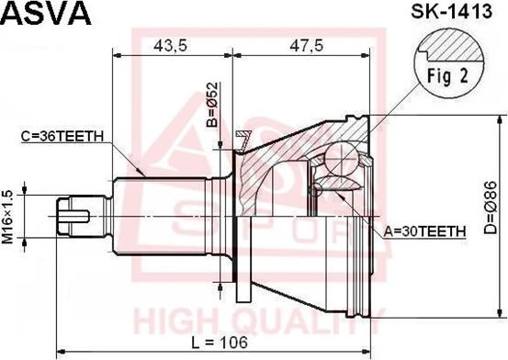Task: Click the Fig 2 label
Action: click(x=447, y=77)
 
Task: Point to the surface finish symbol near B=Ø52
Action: click(x=244, y=139)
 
